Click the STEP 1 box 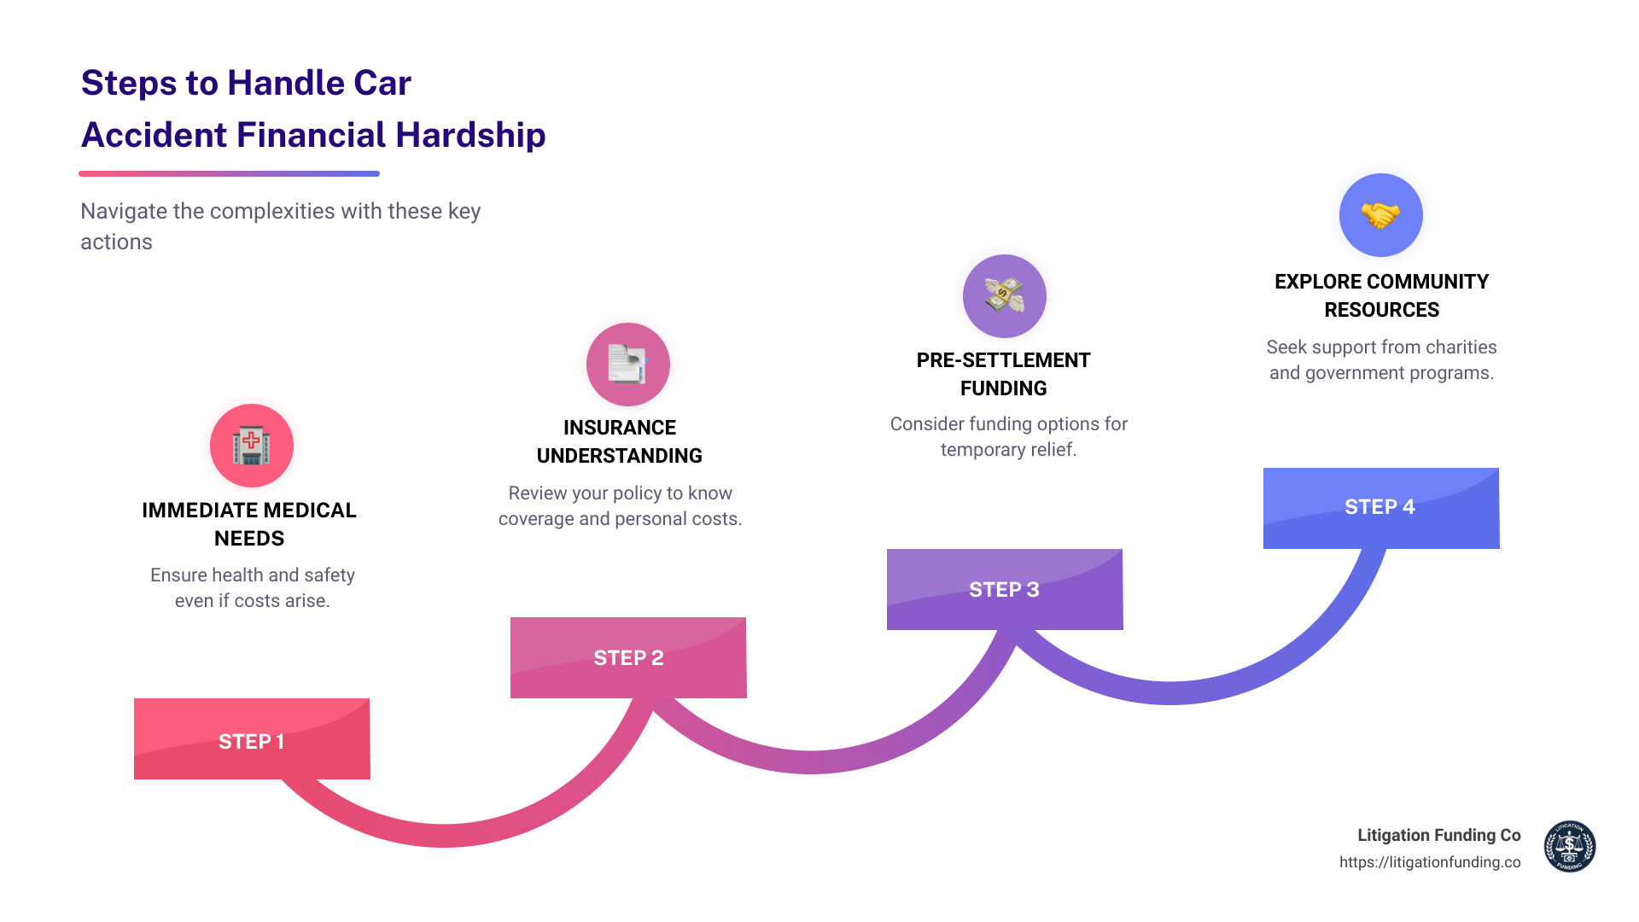pyautogui.click(x=252, y=739)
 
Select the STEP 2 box pyautogui.click(x=628, y=657)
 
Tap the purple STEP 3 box pyautogui.click(x=1005, y=589)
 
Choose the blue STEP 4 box pyautogui.click(x=1380, y=507)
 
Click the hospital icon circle pyautogui.click(x=252, y=446)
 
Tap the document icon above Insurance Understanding pyautogui.click(x=628, y=365)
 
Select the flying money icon pyautogui.click(x=1005, y=296)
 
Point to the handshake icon pyautogui.click(x=1380, y=215)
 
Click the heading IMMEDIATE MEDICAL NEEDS pyautogui.click(x=249, y=524)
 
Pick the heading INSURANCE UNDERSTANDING pyautogui.click(x=620, y=441)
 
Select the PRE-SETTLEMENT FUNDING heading pyautogui.click(x=1004, y=374)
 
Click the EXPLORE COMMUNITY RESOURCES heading pyautogui.click(x=1381, y=295)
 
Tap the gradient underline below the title pyautogui.click(x=229, y=173)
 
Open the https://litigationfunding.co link pyautogui.click(x=1430, y=862)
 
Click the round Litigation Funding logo pyautogui.click(x=1569, y=846)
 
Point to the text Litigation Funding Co pyautogui.click(x=1439, y=835)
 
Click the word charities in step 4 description pyautogui.click(x=1461, y=347)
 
